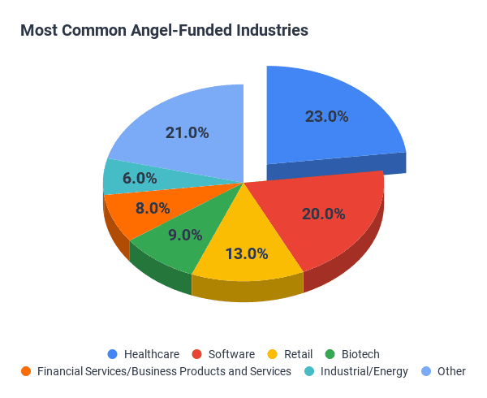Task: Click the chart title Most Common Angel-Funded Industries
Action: pyautogui.click(x=164, y=31)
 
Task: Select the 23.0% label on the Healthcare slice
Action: pyautogui.click(x=326, y=116)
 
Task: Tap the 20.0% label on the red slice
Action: pyautogui.click(x=323, y=214)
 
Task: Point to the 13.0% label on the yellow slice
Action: pyautogui.click(x=246, y=253)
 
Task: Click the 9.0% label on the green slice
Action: pyautogui.click(x=185, y=235)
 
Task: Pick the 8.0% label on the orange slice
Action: pyautogui.click(x=153, y=208)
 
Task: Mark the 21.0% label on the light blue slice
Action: pyautogui.click(x=187, y=132)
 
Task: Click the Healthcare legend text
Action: pyautogui.click(x=152, y=354)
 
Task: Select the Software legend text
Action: pyautogui.click(x=231, y=354)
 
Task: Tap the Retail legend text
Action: pyautogui.click(x=299, y=354)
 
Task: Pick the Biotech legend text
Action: pyautogui.click(x=360, y=354)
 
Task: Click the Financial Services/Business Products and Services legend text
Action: pyautogui.click(x=164, y=371)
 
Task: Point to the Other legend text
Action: pyautogui.click(x=451, y=371)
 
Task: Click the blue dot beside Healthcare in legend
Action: pyautogui.click(x=112, y=354)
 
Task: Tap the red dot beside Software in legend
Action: pyautogui.click(x=197, y=354)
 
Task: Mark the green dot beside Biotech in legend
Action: pyautogui.click(x=330, y=354)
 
